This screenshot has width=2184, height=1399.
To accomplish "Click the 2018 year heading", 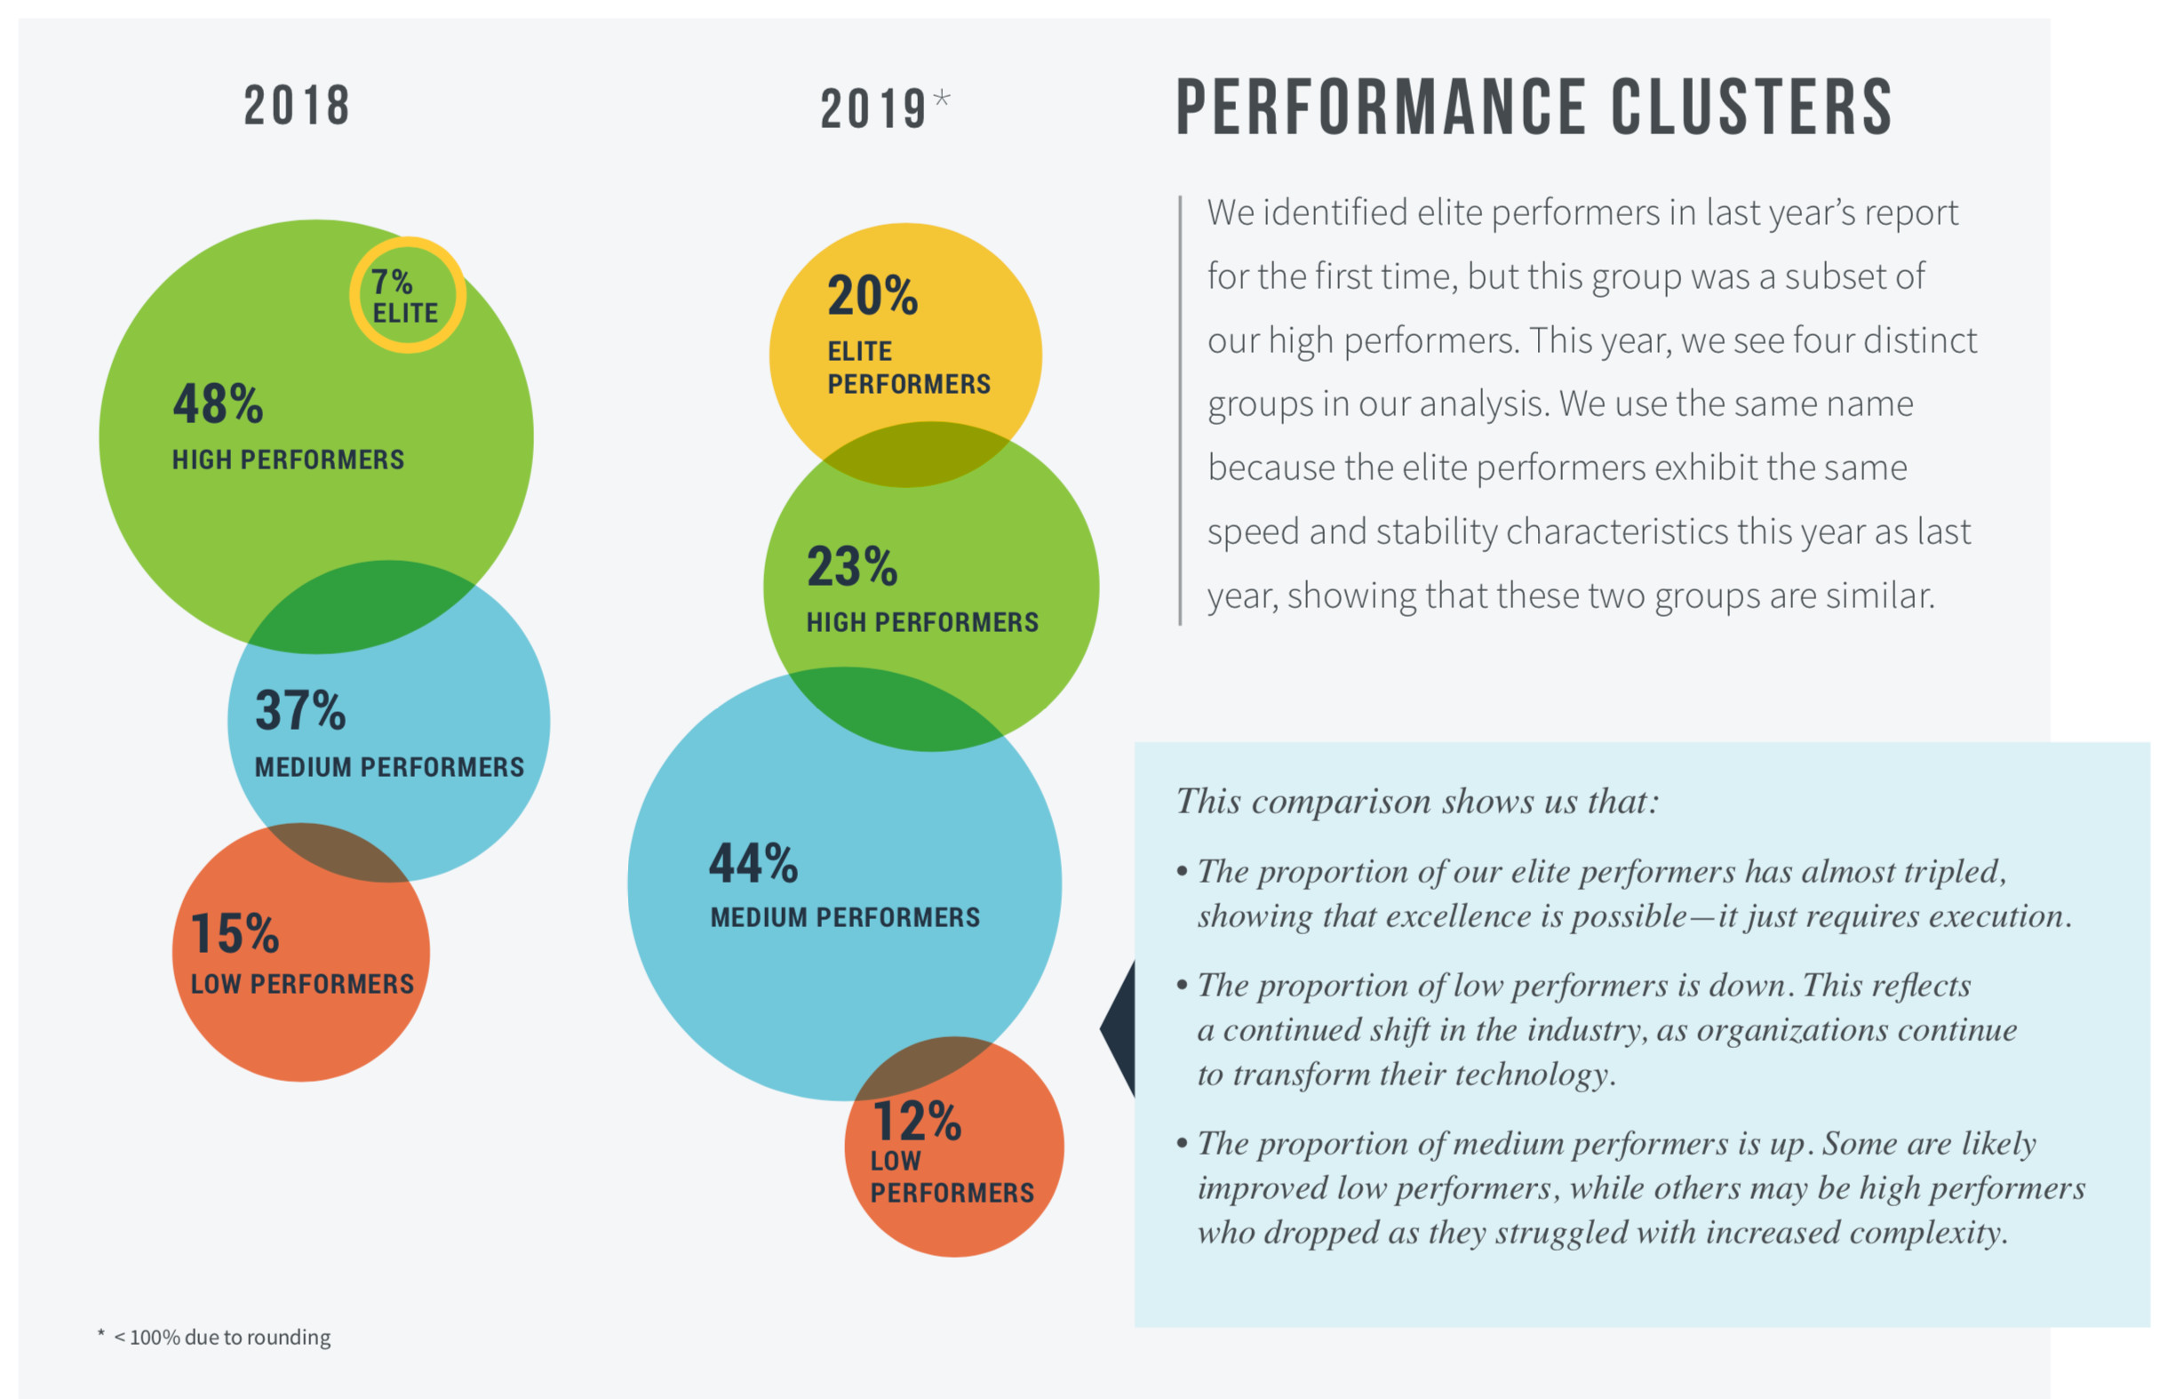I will [297, 106].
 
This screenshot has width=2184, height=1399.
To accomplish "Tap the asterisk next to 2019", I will [942, 98].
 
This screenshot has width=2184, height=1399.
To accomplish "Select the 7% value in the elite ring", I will [391, 282].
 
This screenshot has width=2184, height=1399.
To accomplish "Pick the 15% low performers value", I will [235, 933].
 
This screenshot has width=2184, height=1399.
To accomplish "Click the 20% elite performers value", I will [873, 295].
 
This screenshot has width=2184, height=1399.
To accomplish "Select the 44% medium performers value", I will [753, 863].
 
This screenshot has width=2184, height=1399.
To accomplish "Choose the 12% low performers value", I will [917, 1121].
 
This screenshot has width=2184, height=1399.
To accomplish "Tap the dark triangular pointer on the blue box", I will [1120, 1029].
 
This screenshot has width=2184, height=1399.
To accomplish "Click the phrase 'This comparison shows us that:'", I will [1417, 801].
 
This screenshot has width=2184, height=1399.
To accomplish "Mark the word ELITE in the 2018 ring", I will [405, 314].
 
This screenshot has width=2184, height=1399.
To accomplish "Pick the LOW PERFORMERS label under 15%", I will [302, 984].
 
